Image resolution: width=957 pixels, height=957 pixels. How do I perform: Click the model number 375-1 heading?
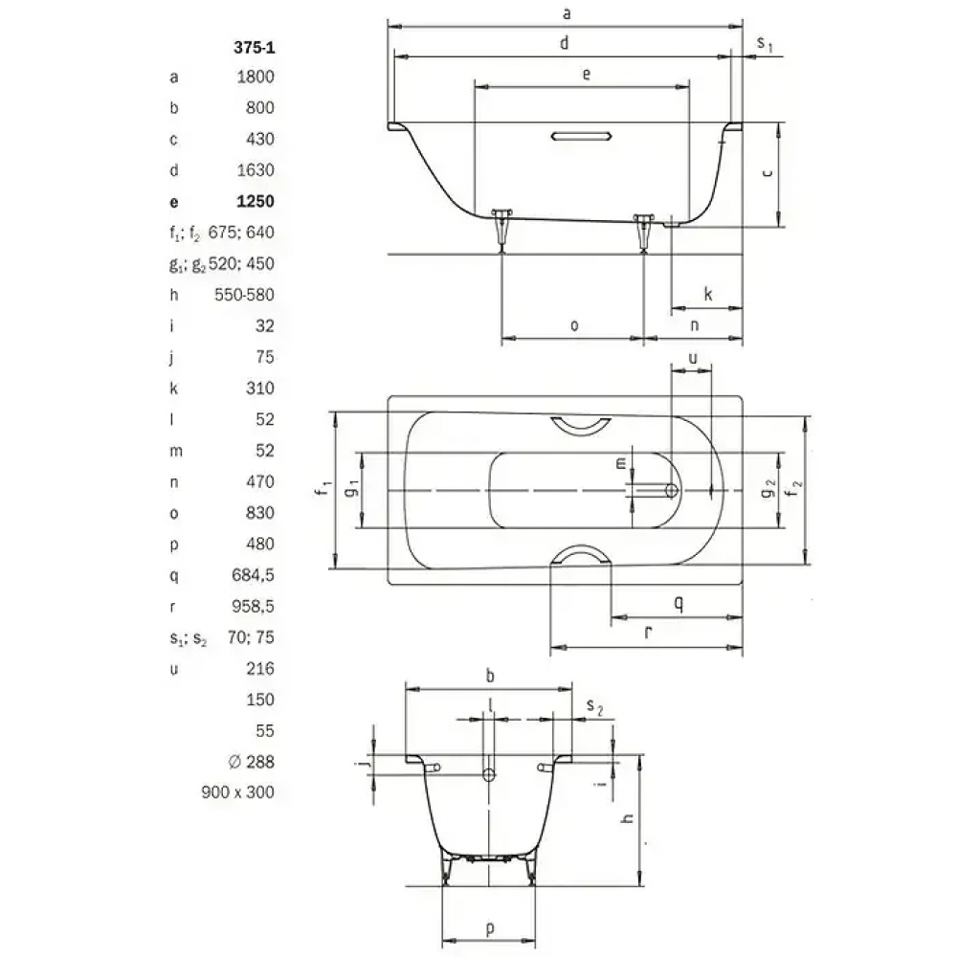[254, 47]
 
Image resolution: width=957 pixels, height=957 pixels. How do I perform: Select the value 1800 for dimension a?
[256, 77]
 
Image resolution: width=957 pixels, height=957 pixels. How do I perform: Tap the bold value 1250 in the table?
[256, 201]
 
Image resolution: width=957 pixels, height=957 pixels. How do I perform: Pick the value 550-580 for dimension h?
[244, 295]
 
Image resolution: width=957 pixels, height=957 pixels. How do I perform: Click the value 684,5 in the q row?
[253, 575]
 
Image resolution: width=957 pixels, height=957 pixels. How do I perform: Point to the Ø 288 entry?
[252, 762]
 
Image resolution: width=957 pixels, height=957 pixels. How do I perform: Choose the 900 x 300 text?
[237, 792]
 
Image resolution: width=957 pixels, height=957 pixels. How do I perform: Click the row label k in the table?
[174, 389]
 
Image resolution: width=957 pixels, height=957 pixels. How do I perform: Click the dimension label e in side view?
[587, 75]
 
